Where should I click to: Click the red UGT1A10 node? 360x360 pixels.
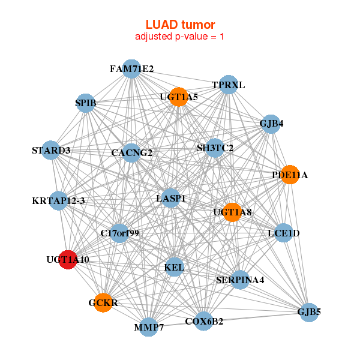[x=68, y=260]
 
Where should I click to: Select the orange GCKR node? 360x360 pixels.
[x=104, y=303]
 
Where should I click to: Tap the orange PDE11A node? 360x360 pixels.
[x=290, y=175]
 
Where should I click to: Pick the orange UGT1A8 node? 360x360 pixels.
[x=232, y=212]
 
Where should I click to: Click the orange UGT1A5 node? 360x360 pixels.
[x=179, y=97]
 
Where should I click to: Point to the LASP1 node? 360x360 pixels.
[x=171, y=198]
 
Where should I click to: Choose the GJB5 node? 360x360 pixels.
[x=308, y=312]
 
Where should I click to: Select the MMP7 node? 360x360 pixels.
[x=149, y=328]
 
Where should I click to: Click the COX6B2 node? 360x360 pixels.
[x=204, y=322]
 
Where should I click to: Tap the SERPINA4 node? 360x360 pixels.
[x=240, y=280]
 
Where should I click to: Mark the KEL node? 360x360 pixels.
[x=174, y=266]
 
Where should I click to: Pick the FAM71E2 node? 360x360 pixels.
[x=131, y=69]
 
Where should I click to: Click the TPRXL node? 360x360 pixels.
[x=229, y=85]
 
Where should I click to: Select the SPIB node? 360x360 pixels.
[x=86, y=103]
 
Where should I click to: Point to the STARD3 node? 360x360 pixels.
[x=52, y=151]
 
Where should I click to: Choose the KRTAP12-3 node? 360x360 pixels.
[x=59, y=201]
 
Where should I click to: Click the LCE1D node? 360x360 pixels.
[x=283, y=233]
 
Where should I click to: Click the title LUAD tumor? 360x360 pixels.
[x=180, y=25]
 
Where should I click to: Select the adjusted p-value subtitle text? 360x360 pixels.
[x=180, y=37]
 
